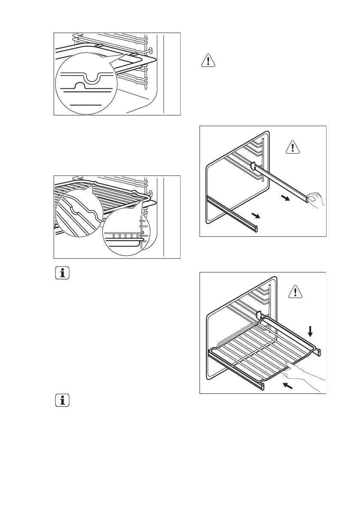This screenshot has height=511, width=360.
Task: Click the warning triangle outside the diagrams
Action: (208, 61)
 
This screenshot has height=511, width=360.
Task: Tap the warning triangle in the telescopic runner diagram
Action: (293, 148)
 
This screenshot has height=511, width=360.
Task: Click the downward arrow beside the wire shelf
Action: (310, 330)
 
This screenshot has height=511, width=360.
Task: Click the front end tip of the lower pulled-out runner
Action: (257, 228)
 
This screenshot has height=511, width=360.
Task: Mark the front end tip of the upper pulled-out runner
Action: (307, 198)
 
